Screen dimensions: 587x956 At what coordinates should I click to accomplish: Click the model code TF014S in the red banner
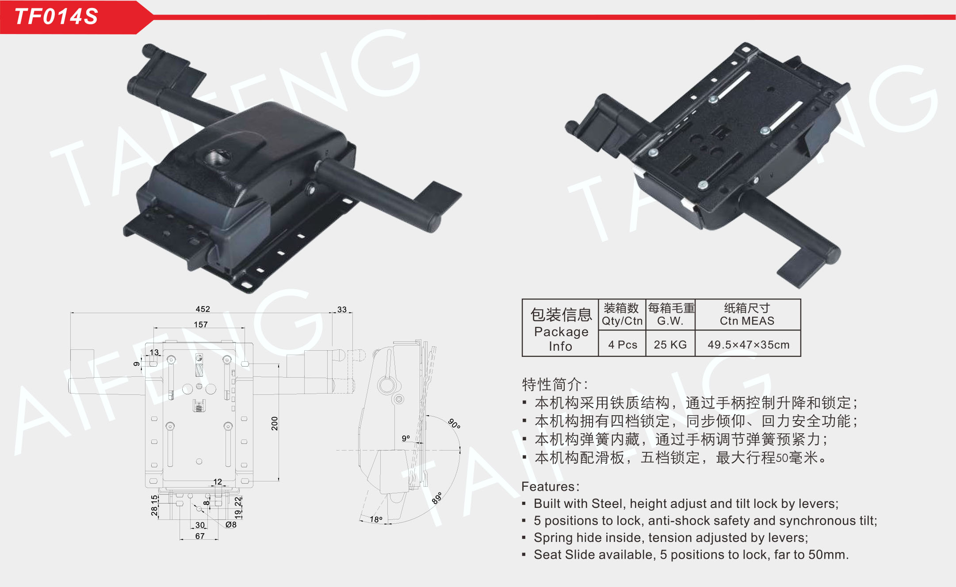[56, 17]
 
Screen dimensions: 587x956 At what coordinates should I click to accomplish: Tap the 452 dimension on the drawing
[203, 309]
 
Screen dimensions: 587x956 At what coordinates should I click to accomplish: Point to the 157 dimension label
[201, 325]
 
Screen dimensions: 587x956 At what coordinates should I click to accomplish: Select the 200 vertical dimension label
[275, 424]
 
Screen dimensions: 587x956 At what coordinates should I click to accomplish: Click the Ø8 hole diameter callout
[231, 525]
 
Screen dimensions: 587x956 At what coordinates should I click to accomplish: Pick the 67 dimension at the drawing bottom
[200, 536]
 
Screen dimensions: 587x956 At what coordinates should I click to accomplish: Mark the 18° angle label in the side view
[376, 519]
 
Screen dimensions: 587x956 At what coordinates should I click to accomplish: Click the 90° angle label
[454, 424]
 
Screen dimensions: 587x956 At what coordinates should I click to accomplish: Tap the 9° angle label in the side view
[406, 438]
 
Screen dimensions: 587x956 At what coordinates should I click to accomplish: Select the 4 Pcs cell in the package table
[623, 345]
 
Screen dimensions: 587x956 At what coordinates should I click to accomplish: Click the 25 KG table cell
[670, 345]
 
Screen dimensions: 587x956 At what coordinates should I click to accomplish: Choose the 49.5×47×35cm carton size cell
[748, 345]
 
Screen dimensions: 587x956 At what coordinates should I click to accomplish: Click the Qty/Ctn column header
[622, 321]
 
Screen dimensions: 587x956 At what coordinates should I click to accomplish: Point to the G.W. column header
[670, 321]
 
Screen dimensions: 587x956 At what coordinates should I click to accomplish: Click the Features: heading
[550, 486]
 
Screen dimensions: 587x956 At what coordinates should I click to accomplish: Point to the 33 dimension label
[342, 310]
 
